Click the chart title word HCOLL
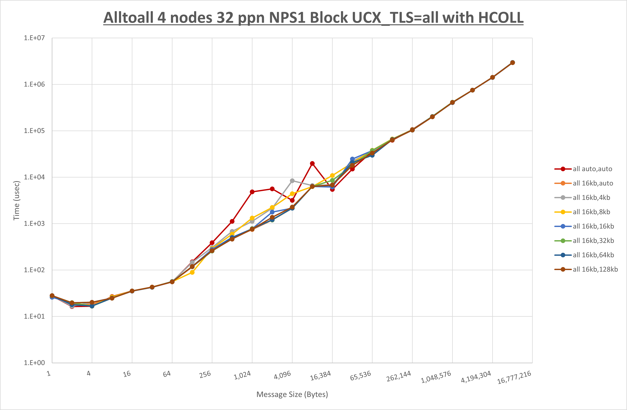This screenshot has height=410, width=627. (501, 18)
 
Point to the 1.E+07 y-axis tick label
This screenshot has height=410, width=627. (34, 38)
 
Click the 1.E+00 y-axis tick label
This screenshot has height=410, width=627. (34, 363)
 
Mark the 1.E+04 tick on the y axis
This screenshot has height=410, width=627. (34, 177)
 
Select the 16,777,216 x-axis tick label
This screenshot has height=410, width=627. (514, 378)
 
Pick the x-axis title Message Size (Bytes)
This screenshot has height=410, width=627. (292, 394)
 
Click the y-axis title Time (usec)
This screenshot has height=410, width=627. (16, 200)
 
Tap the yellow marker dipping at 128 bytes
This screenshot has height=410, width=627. (192, 272)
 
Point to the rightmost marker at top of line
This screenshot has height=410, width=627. (512, 62)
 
